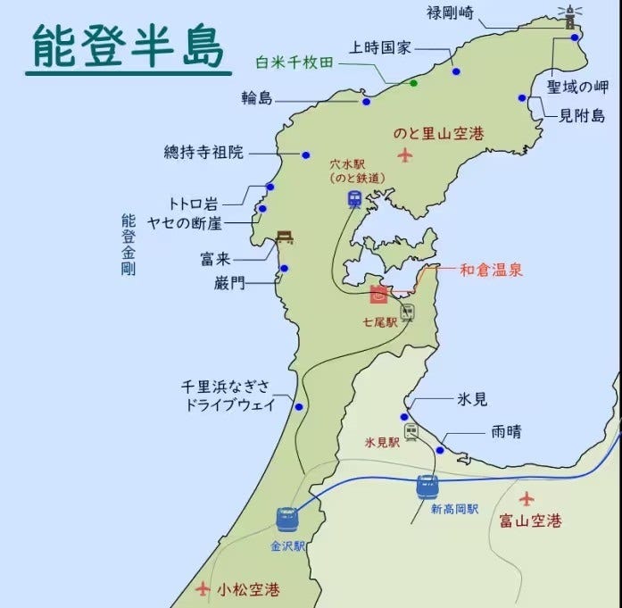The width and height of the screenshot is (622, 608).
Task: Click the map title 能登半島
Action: coord(128,46)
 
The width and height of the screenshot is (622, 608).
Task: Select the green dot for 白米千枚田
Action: coord(413,83)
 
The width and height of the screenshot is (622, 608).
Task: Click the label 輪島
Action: coord(257,98)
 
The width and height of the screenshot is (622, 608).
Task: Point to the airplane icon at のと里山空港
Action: coord(407,156)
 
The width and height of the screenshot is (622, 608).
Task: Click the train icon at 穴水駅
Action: coord(355,198)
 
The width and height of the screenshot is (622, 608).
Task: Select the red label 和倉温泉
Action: coord(491,269)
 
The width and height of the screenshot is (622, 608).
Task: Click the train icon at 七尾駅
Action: coord(407,312)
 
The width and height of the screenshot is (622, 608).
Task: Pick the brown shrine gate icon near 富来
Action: coord(286,237)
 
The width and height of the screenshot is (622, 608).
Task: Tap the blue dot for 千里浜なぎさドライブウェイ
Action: coord(298,406)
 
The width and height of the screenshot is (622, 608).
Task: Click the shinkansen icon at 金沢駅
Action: coord(286,518)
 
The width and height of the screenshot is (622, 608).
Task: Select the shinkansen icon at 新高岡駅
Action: coord(427,486)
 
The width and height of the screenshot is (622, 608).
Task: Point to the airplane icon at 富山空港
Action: coord(527,497)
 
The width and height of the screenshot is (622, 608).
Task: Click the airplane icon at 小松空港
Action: coord(204,588)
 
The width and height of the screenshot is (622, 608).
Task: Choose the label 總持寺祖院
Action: coord(203,152)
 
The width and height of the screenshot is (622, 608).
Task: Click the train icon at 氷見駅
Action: coord(411,431)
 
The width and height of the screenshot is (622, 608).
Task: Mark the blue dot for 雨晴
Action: coord(440,450)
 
